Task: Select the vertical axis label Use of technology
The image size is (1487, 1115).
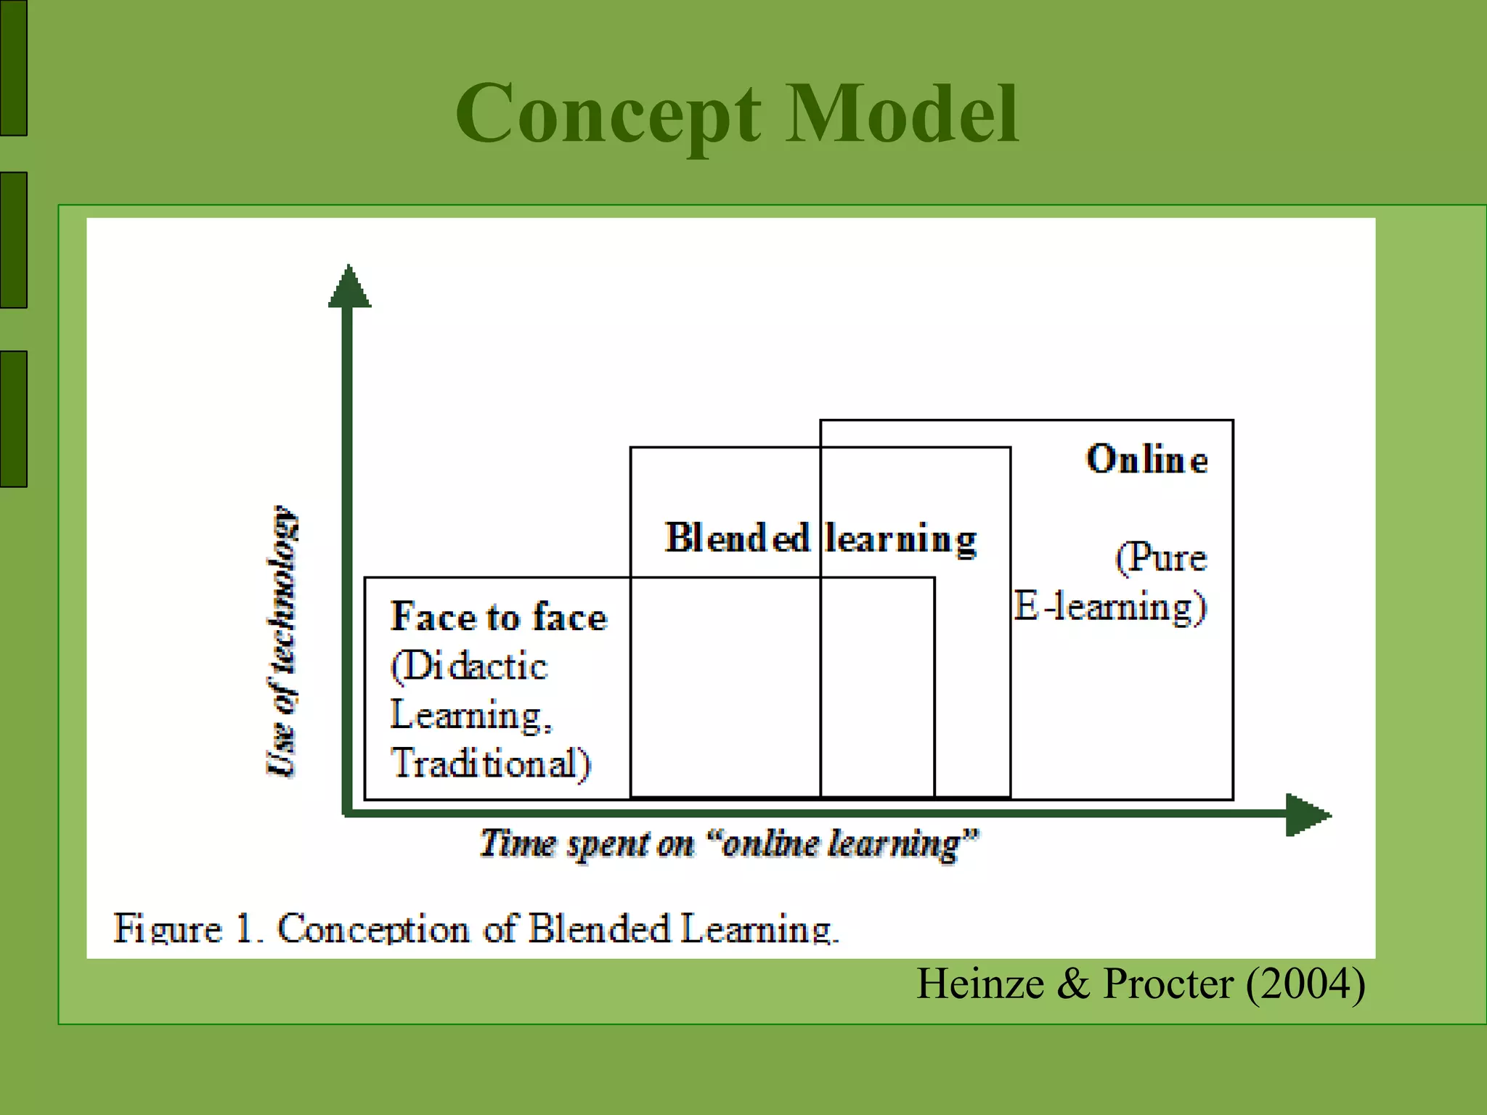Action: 282,641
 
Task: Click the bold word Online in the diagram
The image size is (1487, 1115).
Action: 1146,460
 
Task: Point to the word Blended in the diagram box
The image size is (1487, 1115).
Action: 736,539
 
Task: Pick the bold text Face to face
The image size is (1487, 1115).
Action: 498,617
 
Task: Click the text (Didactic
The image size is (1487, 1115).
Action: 469,666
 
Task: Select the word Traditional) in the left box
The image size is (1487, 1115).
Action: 491,764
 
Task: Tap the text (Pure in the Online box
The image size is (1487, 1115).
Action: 1160,557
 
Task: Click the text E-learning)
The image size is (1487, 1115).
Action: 1109,607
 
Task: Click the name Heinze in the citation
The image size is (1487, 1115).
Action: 980,984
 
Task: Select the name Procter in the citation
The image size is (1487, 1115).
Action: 1168,984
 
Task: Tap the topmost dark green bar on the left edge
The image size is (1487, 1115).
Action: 13,68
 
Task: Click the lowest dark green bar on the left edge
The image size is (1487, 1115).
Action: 13,419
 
